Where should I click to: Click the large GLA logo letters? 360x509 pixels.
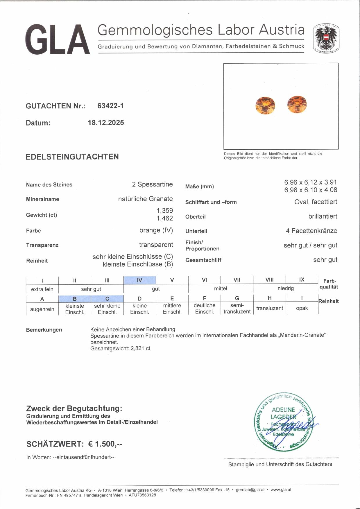58,40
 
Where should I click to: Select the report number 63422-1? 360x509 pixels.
110,106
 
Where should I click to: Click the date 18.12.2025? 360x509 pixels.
106,123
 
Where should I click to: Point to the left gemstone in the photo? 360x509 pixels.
265,105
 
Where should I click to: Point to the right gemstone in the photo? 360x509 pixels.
297,104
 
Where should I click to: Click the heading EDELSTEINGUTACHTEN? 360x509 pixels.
72,157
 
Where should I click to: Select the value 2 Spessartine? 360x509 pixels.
152,184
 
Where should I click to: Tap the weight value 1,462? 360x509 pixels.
165,218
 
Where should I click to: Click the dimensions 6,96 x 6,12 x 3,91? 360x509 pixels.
310,182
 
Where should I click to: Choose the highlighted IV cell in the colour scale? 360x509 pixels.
139,280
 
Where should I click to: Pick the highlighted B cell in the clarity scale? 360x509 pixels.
75,299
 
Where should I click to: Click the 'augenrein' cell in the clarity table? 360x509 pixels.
42,309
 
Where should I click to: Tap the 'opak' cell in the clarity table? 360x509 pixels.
302,308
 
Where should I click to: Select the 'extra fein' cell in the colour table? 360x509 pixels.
42,289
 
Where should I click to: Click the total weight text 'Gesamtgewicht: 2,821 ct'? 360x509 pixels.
120,348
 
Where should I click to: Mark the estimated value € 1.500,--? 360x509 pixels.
105,444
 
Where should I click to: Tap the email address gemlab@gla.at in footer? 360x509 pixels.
250,490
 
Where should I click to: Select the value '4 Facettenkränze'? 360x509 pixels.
311,231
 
